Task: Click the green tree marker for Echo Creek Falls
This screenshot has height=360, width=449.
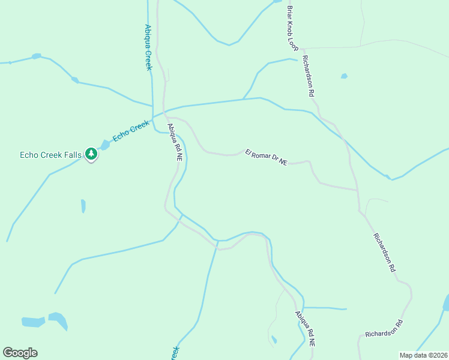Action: [x=91, y=154]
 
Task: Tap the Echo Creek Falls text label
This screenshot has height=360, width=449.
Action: [x=50, y=155]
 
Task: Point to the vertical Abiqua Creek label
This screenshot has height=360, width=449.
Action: [x=148, y=47]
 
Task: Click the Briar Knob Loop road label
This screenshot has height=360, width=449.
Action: [x=292, y=28]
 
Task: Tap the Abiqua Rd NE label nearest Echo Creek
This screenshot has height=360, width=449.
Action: [x=175, y=142]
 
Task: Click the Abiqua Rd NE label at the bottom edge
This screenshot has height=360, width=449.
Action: [x=305, y=330]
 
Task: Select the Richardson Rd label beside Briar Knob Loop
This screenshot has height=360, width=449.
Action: [x=309, y=76]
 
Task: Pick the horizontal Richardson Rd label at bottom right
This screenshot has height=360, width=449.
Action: [x=384, y=328]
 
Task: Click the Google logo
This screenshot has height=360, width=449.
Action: [x=20, y=353]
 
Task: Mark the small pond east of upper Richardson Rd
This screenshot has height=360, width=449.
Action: [x=344, y=76]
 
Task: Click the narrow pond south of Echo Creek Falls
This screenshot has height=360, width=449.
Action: [x=83, y=206]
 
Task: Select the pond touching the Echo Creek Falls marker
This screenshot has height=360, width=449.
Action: [x=105, y=145]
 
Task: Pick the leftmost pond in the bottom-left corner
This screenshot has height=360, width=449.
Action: [x=33, y=322]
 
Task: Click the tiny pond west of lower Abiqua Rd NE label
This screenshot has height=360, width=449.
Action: [x=274, y=340]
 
